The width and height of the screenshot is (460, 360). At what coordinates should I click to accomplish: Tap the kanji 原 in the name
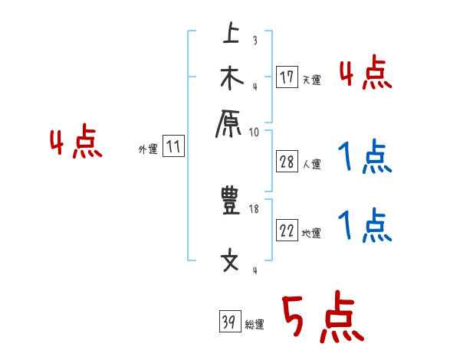[231, 123]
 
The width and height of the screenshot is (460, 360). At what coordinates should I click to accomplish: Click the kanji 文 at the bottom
[231, 261]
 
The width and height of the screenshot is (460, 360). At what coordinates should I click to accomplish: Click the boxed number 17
[287, 77]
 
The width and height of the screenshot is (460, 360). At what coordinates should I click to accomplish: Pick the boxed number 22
[287, 231]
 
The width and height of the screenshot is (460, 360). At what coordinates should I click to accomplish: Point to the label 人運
[312, 163]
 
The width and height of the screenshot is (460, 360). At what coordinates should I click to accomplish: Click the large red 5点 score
[322, 318]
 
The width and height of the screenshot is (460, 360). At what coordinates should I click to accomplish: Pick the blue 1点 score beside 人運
[365, 159]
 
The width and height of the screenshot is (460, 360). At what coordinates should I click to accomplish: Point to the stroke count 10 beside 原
[254, 132]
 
